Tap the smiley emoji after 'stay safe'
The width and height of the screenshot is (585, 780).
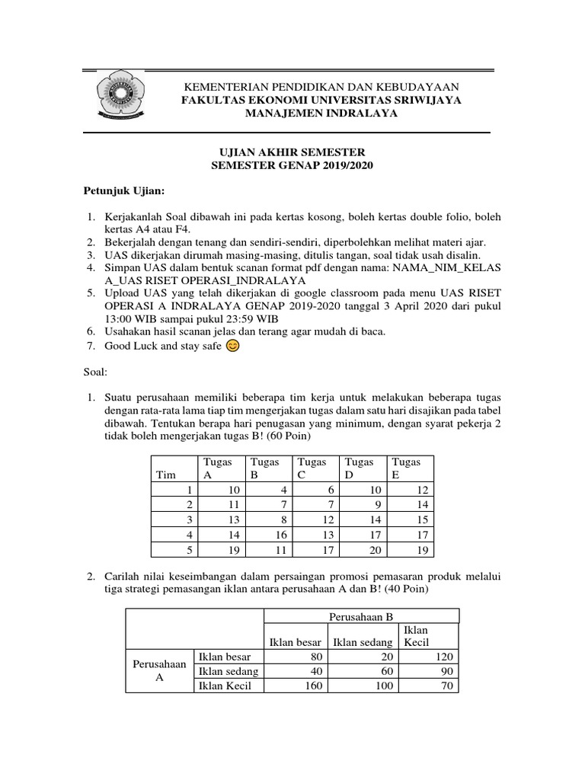pos(233,347)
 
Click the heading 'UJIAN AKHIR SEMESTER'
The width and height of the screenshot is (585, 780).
pos(292,152)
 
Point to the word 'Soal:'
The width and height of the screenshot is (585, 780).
pos(96,372)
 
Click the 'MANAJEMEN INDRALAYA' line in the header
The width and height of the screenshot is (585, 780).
pos(321,113)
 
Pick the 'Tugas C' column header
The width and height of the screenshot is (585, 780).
pos(312,468)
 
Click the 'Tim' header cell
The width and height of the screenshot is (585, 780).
pos(165,475)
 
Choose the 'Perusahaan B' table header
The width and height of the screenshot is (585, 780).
pos(361,615)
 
